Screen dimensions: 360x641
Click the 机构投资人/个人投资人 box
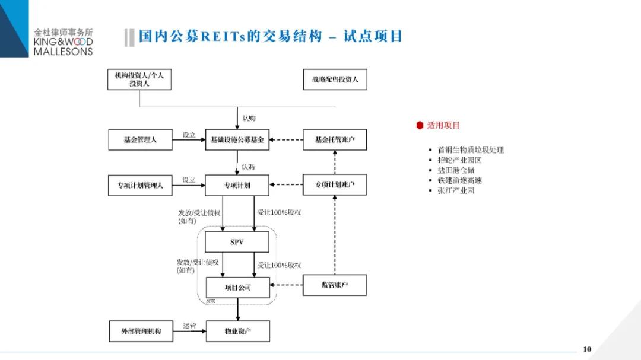coord(139,79)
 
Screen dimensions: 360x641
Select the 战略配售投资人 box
coord(335,79)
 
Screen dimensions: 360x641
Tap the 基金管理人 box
coord(140,140)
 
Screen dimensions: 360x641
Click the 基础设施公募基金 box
coord(237,140)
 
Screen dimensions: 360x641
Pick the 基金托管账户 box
coord(335,140)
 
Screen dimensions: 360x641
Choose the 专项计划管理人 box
coord(140,185)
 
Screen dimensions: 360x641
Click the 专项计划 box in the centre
coord(237,185)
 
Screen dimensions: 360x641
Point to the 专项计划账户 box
coord(335,185)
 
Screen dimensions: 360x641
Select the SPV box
coord(237,242)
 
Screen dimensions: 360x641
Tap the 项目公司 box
coord(237,288)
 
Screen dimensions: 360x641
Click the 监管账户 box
coord(335,285)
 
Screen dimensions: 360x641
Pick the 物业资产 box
coord(237,331)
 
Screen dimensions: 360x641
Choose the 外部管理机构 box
coord(140,331)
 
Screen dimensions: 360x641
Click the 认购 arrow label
coord(249,118)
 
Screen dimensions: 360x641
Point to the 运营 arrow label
coord(189,326)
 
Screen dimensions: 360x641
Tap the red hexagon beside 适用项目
coord(420,125)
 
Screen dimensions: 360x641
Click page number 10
coord(587,349)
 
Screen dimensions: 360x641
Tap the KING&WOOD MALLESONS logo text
coord(63,46)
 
